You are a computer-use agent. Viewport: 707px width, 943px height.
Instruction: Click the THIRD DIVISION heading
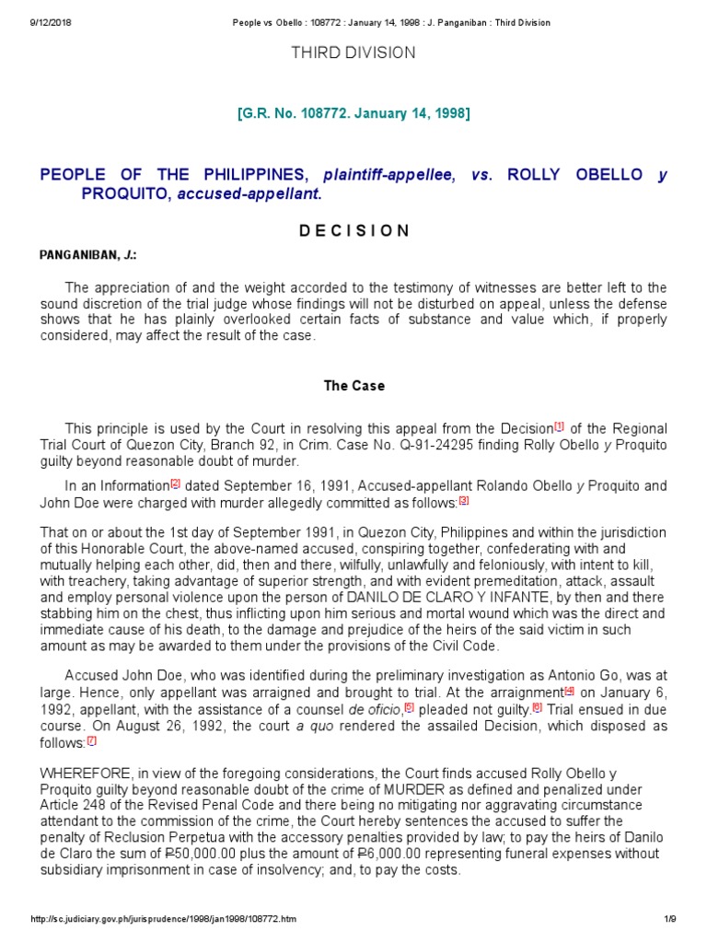353,53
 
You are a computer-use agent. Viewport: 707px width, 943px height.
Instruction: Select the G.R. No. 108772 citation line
353,113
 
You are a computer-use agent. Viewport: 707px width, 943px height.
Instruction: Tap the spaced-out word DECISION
353,231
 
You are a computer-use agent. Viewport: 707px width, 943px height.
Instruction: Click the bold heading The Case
353,386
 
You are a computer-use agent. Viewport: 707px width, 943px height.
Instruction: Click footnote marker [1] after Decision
559,426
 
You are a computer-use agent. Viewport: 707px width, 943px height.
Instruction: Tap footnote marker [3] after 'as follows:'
464,501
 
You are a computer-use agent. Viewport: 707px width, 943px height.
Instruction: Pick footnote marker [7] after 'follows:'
91,740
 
